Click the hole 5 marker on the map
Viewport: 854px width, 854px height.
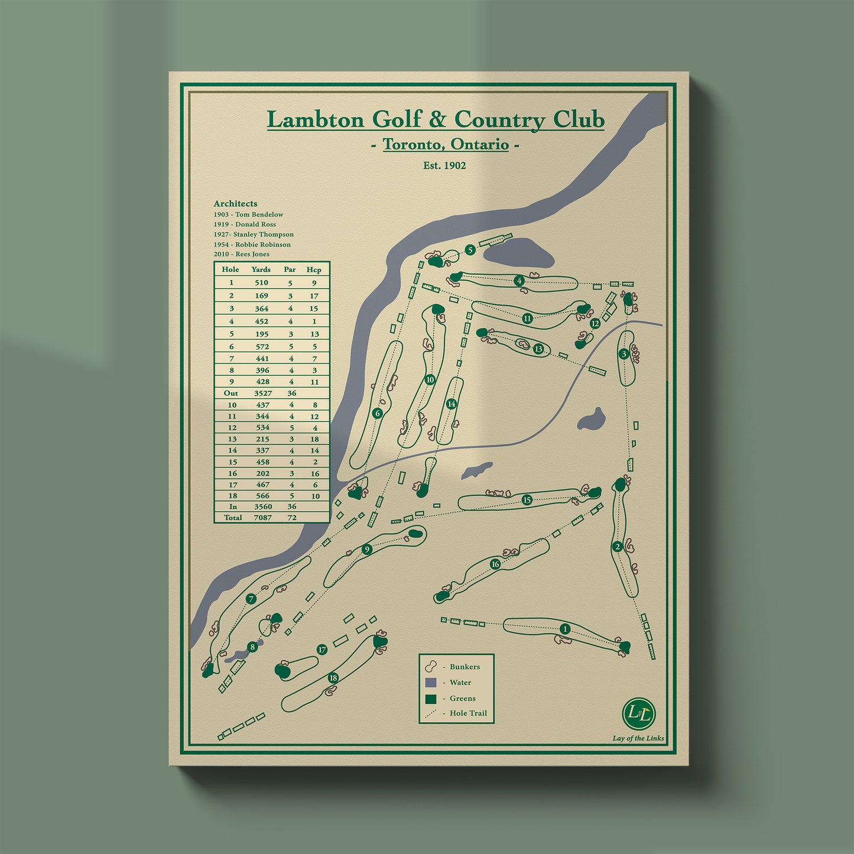[x=470, y=250]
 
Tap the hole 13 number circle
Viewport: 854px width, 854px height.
[x=538, y=349]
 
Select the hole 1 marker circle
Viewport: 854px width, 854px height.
[x=564, y=629]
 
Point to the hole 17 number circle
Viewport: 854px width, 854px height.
[x=322, y=650]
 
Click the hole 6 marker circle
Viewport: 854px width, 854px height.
[x=378, y=413]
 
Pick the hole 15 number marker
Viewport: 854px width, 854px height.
[x=527, y=500]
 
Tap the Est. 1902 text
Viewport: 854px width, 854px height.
[x=444, y=165]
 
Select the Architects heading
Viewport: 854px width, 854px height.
[x=235, y=203]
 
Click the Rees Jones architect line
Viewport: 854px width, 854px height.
[x=242, y=254]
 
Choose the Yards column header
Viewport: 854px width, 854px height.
[x=261, y=269]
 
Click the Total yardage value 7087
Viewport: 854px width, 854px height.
[x=262, y=518]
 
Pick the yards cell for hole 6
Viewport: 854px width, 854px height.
[x=262, y=346]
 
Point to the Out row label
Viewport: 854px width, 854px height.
[x=230, y=393]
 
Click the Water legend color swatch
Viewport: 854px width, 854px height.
[x=431, y=683]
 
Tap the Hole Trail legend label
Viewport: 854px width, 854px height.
[x=468, y=713]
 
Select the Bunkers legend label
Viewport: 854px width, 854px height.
[x=465, y=667]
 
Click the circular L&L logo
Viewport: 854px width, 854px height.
[x=639, y=713]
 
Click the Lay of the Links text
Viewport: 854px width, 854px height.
[x=638, y=738]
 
